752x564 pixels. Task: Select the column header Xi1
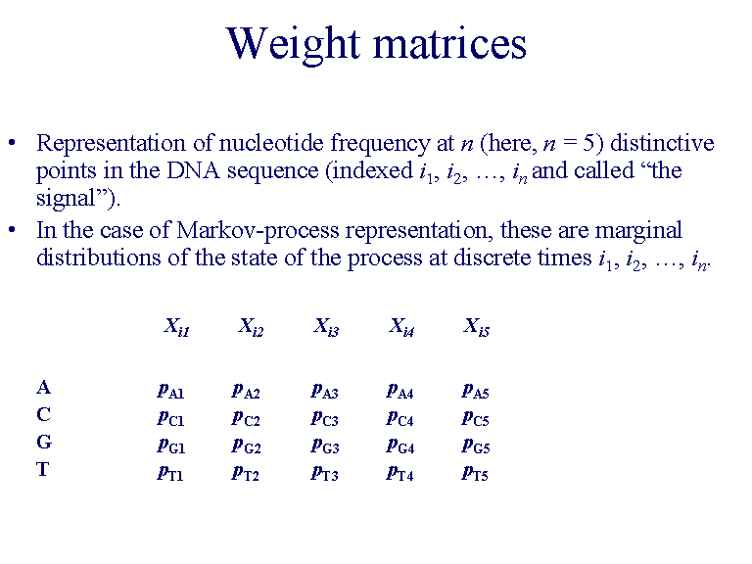(176, 327)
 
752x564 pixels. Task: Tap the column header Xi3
(326, 327)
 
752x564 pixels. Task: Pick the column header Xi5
(476, 327)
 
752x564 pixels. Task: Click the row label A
(43, 388)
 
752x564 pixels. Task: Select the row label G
(44, 442)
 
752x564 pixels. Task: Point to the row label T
(43, 469)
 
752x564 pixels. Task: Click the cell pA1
(170, 390)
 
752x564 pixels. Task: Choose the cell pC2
(246, 418)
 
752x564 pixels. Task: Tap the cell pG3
(325, 446)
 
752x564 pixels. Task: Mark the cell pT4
(399, 473)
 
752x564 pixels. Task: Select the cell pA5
(475, 390)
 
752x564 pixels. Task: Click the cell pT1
(170, 473)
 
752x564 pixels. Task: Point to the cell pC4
(399, 418)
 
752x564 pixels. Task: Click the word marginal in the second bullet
(639, 231)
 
